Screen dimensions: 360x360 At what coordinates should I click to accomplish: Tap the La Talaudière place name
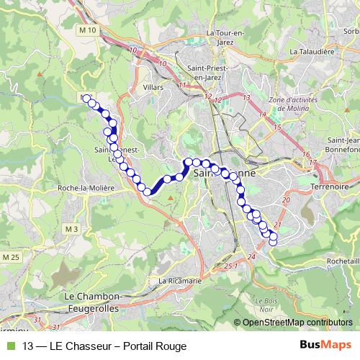pos(312,52)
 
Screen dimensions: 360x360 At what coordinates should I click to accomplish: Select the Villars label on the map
pos(153,87)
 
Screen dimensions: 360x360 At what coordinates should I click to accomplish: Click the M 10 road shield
pos(88,30)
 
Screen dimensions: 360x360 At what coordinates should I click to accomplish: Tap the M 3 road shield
pos(71,229)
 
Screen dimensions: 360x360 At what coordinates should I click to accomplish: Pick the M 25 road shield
pos(10,257)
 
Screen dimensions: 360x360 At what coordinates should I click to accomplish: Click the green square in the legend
pos(9,346)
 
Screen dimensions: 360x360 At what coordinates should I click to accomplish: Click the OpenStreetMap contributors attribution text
pos(297,323)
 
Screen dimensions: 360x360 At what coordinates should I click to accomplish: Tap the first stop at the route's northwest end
pos(86,99)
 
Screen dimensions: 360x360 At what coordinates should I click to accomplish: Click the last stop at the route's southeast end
pos(273,242)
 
